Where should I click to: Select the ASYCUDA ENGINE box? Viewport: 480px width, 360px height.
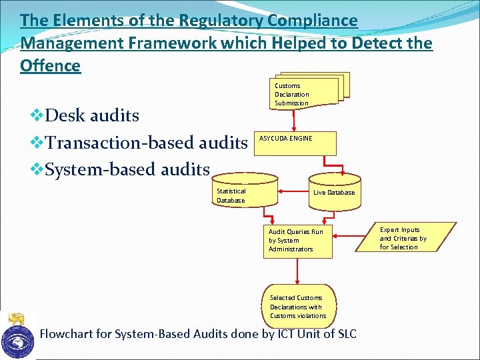pyautogui.click(x=296, y=143)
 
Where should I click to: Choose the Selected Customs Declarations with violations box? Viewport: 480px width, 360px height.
pyautogui.click(x=299, y=307)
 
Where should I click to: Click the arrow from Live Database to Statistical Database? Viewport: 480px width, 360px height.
pyautogui.click(x=293, y=192)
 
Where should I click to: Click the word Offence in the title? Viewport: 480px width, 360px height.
pyautogui.click(x=51, y=66)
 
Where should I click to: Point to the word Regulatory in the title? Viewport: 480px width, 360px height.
pyautogui.click(x=220, y=21)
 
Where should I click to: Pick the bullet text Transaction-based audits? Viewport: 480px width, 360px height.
pyautogui.click(x=146, y=143)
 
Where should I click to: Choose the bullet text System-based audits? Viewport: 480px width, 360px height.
pyautogui.click(x=127, y=170)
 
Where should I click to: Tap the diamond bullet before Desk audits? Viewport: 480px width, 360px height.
pyautogui.click(x=37, y=115)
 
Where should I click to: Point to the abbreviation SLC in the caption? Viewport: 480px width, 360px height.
pyautogui.click(x=343, y=333)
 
